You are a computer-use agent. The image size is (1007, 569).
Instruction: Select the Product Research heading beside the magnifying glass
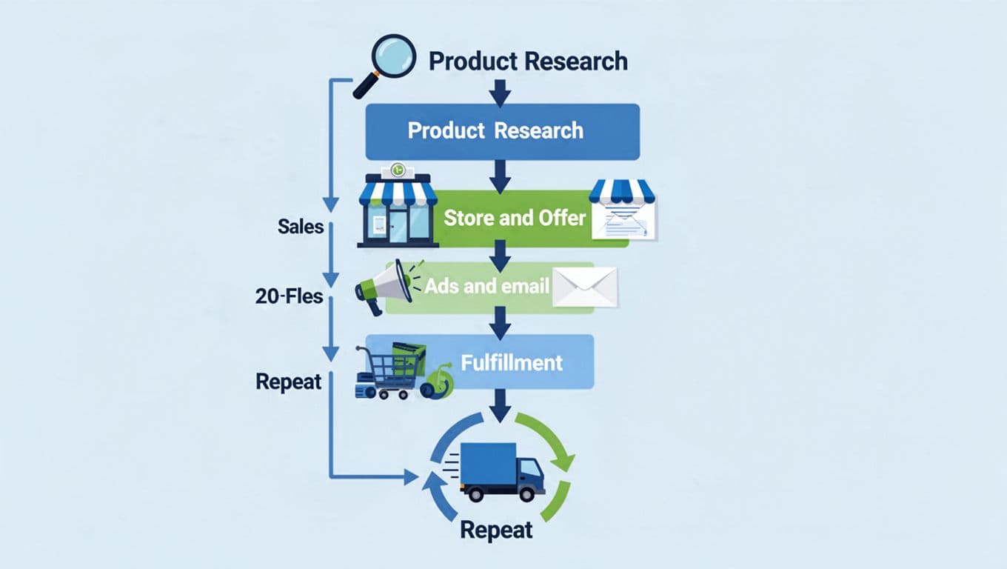click(528, 61)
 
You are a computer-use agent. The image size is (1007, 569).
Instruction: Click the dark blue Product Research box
click(502, 131)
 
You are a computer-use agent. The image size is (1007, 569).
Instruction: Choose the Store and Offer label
click(514, 218)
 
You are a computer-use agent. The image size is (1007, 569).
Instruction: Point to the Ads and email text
click(486, 286)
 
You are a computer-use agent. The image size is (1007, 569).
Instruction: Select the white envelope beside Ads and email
click(585, 287)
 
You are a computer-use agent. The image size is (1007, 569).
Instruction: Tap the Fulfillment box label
click(512, 362)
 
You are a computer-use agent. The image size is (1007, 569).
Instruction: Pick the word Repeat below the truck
click(495, 530)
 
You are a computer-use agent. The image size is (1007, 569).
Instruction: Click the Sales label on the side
click(301, 226)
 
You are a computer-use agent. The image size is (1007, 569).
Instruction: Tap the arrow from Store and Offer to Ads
click(501, 256)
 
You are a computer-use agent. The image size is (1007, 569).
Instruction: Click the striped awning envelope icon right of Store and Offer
click(623, 210)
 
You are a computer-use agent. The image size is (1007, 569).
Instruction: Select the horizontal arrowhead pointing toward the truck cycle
click(411, 477)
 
